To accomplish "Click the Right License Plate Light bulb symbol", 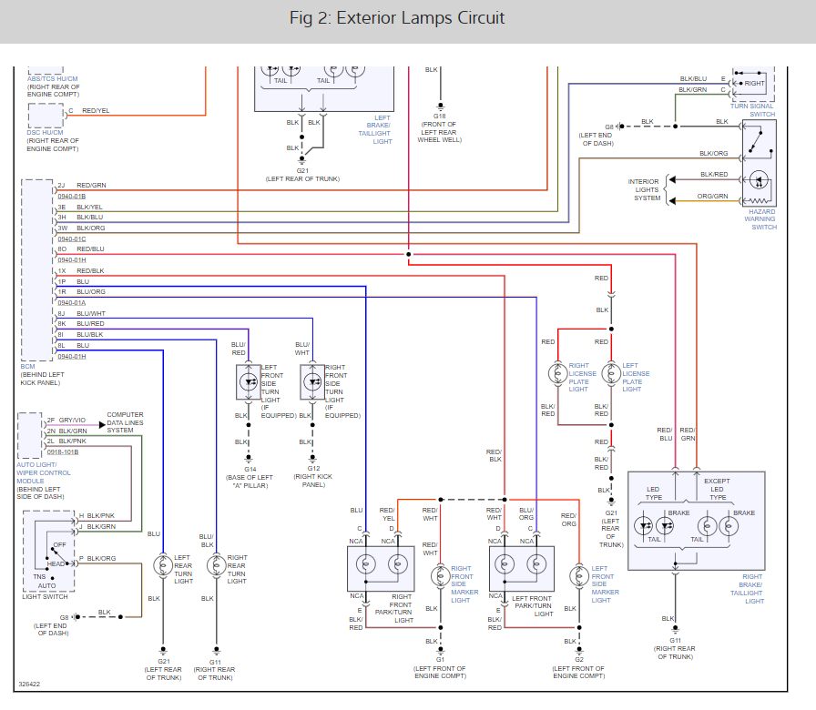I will point(557,372).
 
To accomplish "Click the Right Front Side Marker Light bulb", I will point(440,577).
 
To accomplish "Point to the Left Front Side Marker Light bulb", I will point(579,577).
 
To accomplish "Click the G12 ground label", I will point(312,467).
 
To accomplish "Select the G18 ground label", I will point(440,117).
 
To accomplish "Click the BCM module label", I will point(28,366).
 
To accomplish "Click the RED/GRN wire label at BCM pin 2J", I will point(91,185).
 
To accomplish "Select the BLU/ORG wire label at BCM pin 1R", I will point(91,291).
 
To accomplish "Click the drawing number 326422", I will point(29,684).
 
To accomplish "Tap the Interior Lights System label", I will point(647,189).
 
